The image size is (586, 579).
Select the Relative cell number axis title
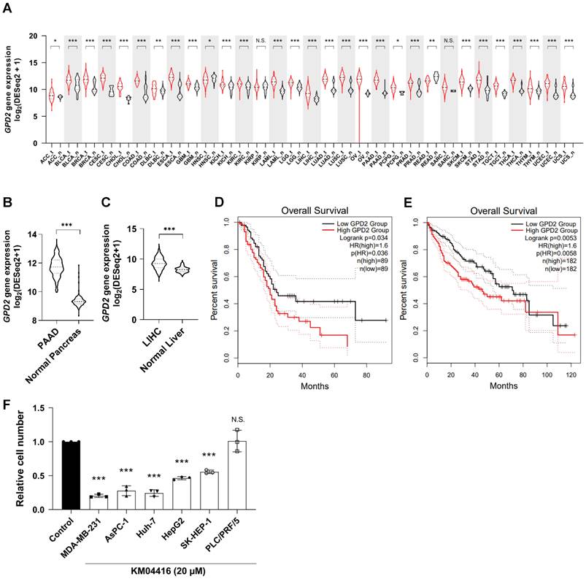pyautogui.click(x=11, y=467)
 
